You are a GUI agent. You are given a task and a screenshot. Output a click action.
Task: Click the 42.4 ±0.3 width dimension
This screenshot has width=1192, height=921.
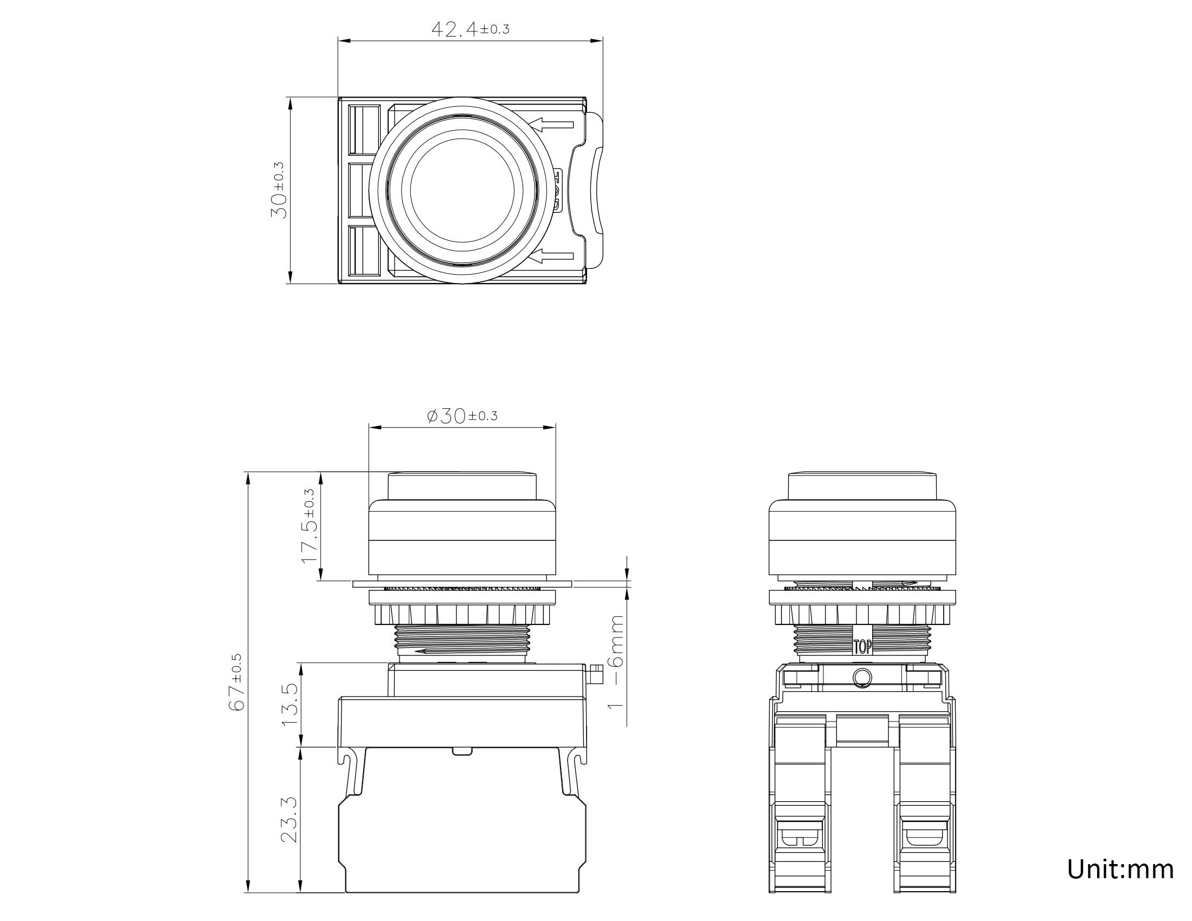coord(470,28)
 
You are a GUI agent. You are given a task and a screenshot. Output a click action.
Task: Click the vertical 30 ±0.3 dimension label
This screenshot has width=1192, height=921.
coord(279,190)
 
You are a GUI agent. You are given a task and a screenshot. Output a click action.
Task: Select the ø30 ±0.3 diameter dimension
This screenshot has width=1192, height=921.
coord(462,416)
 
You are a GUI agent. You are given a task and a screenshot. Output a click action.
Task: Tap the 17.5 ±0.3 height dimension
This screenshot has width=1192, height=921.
coord(309,526)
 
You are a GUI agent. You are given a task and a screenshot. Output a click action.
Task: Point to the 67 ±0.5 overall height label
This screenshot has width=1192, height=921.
coord(237,682)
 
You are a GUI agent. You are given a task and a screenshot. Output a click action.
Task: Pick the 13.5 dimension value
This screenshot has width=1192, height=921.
coord(290,705)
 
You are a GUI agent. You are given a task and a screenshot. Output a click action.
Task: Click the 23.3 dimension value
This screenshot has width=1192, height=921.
coord(290,819)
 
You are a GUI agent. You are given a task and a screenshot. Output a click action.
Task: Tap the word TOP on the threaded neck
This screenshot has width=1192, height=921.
coord(862,647)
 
